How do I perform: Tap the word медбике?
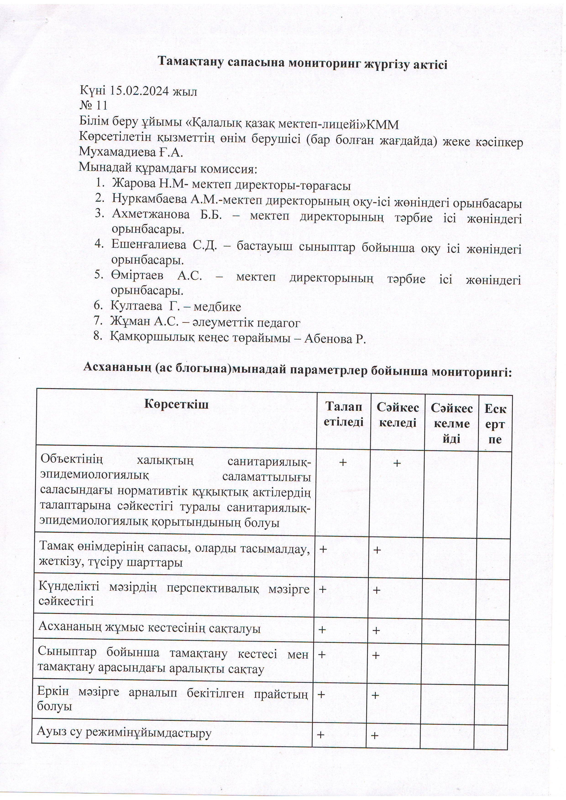point(217,307)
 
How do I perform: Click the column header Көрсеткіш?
point(176,405)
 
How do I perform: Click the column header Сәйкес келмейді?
point(452,423)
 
